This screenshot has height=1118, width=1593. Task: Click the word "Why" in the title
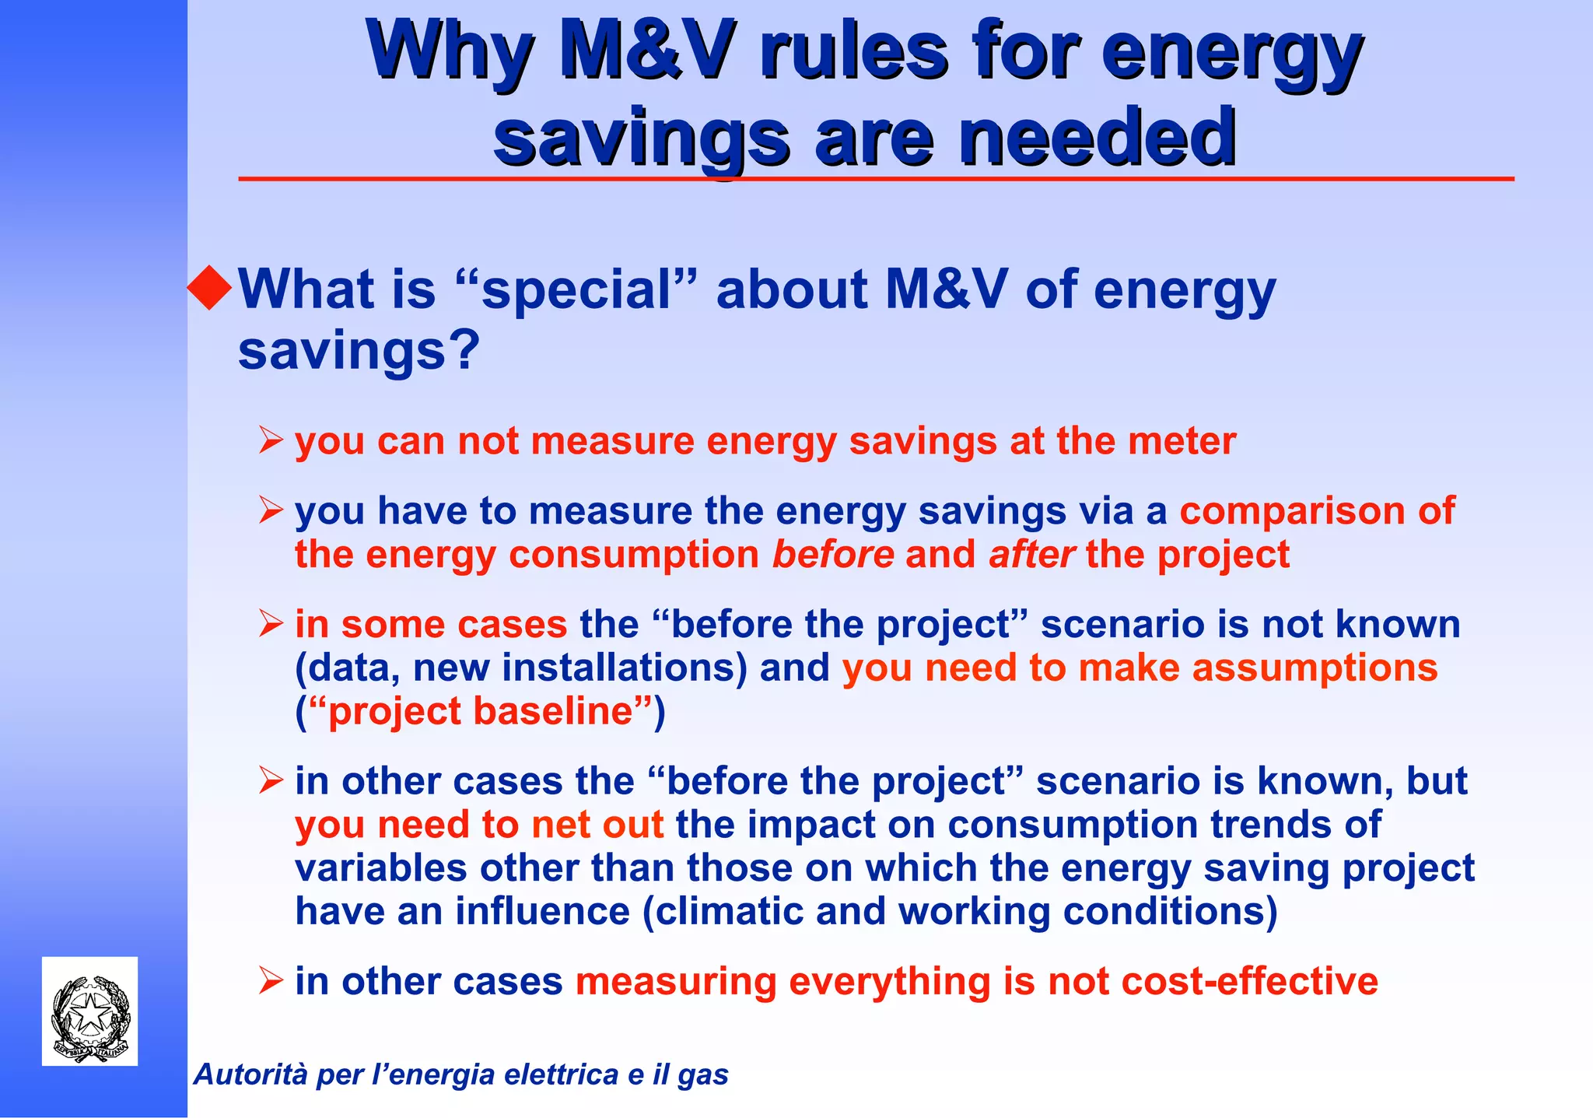(x=449, y=53)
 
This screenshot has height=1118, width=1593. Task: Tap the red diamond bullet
(x=210, y=287)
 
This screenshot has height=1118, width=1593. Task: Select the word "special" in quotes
(x=576, y=290)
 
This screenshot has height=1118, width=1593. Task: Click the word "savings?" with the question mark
(x=359, y=352)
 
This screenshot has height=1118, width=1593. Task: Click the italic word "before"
(x=833, y=555)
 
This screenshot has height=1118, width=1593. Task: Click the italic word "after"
(x=1031, y=555)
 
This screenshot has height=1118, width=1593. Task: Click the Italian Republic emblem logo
(x=90, y=1011)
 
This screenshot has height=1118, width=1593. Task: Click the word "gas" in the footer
(x=703, y=1075)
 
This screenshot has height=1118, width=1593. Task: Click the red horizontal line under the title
(x=876, y=179)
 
